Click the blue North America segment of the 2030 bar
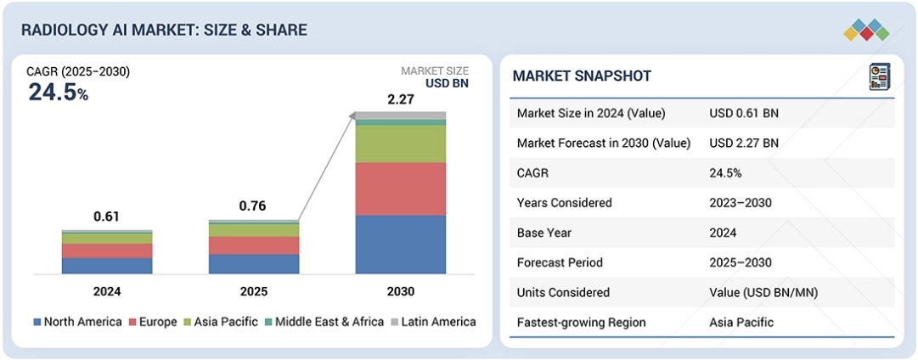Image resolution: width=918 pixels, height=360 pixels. pyautogui.click(x=400, y=245)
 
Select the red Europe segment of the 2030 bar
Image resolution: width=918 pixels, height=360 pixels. pyautogui.click(x=400, y=188)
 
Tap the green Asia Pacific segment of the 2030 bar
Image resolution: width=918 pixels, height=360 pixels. pyautogui.click(x=400, y=143)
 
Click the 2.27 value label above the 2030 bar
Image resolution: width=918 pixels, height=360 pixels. pyautogui.click(x=401, y=100)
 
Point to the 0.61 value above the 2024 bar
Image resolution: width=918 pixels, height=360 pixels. pyautogui.click(x=107, y=217)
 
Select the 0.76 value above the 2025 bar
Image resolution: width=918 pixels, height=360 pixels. pyautogui.click(x=254, y=206)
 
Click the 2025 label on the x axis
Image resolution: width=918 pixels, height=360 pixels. pyautogui.click(x=254, y=291)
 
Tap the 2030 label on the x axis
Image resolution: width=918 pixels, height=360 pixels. pyautogui.click(x=400, y=291)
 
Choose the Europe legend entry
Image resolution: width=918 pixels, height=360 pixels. pyautogui.click(x=153, y=322)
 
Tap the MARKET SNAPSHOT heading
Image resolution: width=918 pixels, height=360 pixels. pyautogui.click(x=582, y=76)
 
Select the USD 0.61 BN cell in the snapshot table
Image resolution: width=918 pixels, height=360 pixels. pyautogui.click(x=743, y=114)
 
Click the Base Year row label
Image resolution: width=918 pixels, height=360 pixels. pyautogui.click(x=545, y=233)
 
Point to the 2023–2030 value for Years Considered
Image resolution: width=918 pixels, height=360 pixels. pyautogui.click(x=745, y=203)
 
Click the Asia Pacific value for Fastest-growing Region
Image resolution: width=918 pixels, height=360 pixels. pyautogui.click(x=742, y=322)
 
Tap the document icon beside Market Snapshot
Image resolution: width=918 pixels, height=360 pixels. pyautogui.click(x=879, y=76)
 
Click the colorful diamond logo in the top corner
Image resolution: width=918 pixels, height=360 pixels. pyautogui.click(x=866, y=30)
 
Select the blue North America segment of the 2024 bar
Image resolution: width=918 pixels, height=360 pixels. pyautogui.click(x=107, y=265)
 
